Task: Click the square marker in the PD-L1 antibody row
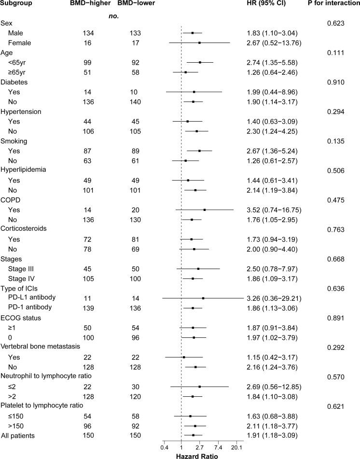(x=203, y=298)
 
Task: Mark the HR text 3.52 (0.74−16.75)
(x=274, y=210)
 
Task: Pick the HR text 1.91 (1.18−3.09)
(x=271, y=435)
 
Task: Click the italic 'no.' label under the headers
(x=114, y=16)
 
